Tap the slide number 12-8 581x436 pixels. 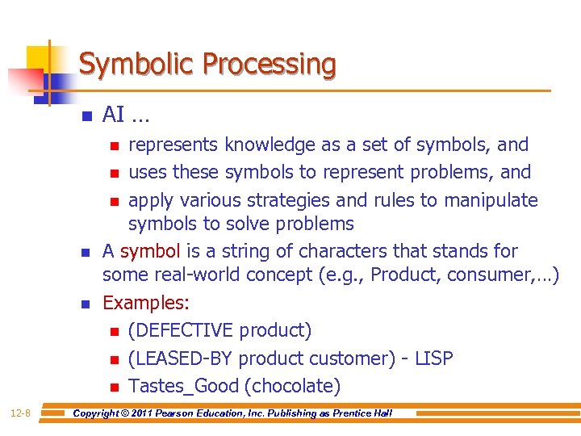[x=21, y=413]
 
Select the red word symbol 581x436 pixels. [x=150, y=251]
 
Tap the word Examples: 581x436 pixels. [x=146, y=303]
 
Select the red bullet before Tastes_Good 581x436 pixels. [x=115, y=386]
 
